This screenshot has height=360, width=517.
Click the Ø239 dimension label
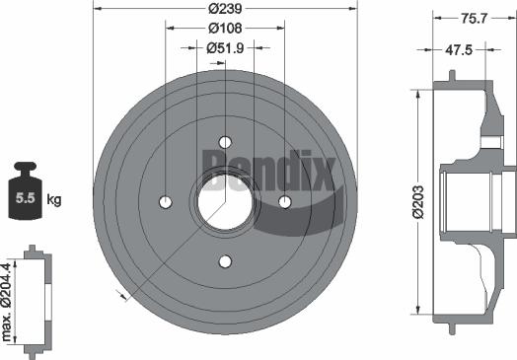[x=225, y=9]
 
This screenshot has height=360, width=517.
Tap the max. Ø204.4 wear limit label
[x=8, y=300]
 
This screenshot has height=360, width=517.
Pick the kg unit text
[x=55, y=200]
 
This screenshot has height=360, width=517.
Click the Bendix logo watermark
[x=270, y=169]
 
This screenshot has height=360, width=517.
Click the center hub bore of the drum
[x=225, y=203]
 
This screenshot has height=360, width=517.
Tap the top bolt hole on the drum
[x=225, y=142]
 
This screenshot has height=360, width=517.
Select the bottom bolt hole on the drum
[x=225, y=262]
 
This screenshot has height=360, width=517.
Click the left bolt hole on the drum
[x=165, y=203]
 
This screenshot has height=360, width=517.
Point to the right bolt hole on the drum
[x=285, y=203]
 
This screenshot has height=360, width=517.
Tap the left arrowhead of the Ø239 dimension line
[x=96, y=9]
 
